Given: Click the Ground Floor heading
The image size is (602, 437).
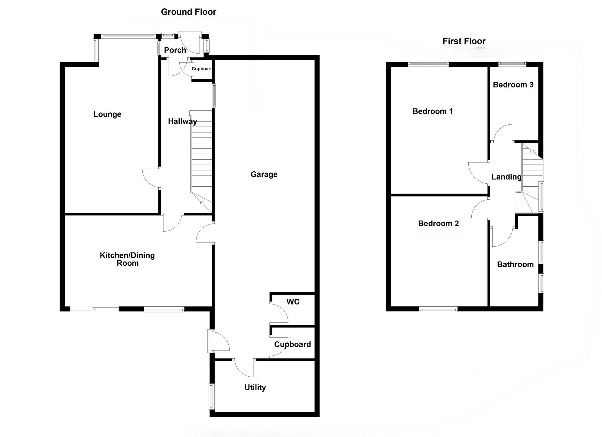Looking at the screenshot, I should (x=188, y=12).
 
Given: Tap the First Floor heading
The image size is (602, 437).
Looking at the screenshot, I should (x=464, y=41).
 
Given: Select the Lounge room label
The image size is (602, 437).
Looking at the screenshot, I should (x=107, y=114).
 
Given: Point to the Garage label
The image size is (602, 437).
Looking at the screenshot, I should (x=264, y=174).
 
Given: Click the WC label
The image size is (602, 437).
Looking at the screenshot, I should (x=293, y=302).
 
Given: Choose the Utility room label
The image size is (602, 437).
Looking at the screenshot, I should (x=255, y=387).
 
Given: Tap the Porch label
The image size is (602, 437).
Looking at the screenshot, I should (x=175, y=50).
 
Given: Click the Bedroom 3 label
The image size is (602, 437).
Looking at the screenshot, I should (x=513, y=85).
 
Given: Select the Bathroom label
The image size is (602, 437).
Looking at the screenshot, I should (x=515, y=264).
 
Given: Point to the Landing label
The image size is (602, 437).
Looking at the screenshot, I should (x=506, y=177).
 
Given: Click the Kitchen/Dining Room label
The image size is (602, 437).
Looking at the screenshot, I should (x=127, y=259).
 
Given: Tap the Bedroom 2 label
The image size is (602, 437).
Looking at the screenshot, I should (x=438, y=223).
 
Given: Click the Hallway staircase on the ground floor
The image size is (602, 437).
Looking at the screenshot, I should (x=201, y=156).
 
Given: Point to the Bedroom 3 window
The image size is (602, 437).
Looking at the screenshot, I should (x=512, y=64).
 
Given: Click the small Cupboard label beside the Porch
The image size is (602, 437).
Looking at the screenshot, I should (x=202, y=69).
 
